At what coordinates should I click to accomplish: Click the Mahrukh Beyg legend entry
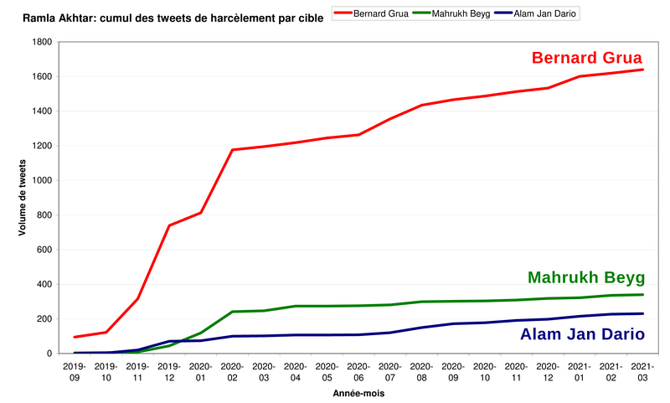(x=460, y=13)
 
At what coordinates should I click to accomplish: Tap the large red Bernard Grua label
(x=587, y=58)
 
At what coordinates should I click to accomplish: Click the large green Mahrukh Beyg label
(x=586, y=278)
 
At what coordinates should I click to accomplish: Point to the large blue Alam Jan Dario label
(x=582, y=334)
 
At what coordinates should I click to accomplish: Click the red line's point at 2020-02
(x=232, y=150)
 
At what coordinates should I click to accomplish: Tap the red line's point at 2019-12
(x=169, y=225)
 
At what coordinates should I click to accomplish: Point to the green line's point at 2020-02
(x=232, y=312)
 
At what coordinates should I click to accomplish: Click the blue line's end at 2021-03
(x=642, y=313)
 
